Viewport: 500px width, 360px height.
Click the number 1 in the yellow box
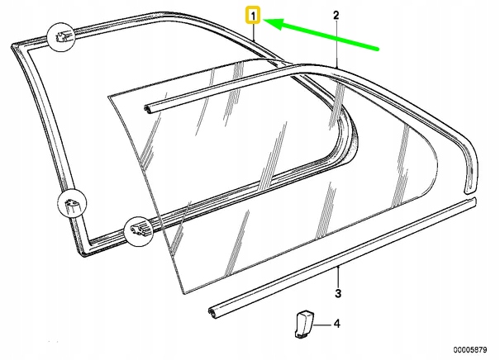pos(254,15)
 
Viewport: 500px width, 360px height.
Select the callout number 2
pos(336,15)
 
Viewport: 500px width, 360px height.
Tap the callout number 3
pos(338,294)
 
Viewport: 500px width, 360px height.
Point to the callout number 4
pos(337,324)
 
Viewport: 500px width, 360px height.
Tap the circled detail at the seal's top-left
pos(63,36)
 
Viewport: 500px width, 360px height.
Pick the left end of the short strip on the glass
pos(147,106)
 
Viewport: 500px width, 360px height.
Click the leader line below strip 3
pos(338,277)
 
